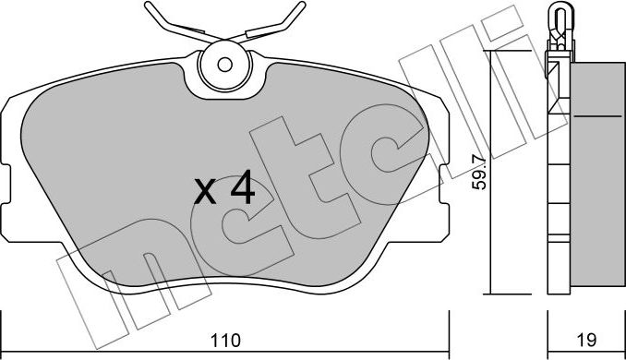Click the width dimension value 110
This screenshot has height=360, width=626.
point(226,340)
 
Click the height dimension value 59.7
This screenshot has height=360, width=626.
point(479,173)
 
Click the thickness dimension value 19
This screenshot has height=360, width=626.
point(586,340)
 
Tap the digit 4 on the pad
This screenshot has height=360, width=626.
point(242,187)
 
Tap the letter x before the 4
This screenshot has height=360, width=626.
point(205,192)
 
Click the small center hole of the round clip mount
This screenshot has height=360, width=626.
point(224,65)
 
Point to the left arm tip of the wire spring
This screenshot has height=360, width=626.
point(148,5)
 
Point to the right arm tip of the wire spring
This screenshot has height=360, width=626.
point(303,5)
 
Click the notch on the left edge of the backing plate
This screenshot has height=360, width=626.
point(6,184)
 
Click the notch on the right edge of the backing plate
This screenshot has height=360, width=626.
point(444,184)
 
